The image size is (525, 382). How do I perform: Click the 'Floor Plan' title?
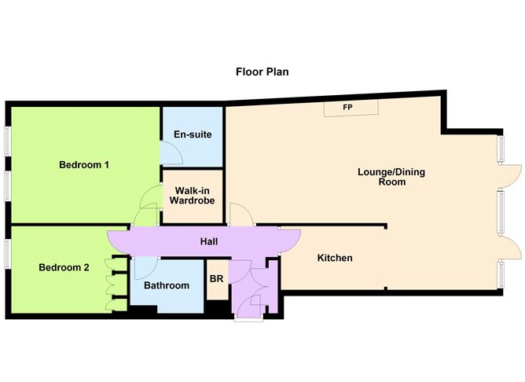click(262, 72)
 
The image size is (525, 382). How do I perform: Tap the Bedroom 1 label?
click(84, 165)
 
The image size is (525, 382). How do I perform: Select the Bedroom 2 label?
click(64, 267)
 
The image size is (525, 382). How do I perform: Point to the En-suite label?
click(193, 134)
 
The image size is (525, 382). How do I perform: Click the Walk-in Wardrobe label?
click(193, 196)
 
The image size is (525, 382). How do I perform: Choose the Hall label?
click(209, 241)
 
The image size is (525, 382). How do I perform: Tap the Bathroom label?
click(167, 285)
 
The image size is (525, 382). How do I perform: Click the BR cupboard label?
click(216, 279)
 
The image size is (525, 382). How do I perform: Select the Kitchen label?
click(335, 258)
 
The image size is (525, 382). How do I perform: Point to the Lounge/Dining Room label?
click(391, 177)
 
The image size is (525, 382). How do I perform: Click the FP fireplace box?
click(351, 108)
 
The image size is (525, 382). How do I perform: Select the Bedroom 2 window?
click(7, 254)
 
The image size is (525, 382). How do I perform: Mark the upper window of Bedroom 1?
click(7, 141)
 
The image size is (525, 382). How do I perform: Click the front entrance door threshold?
click(248, 319)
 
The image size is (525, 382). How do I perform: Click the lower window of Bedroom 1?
click(7, 186)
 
